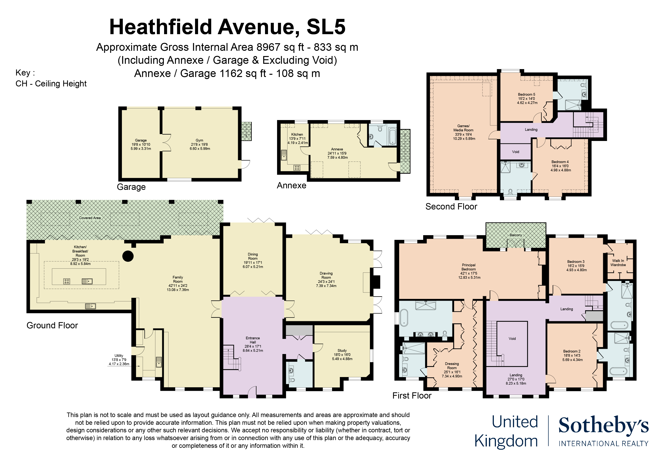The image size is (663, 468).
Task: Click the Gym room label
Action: tap(199, 140)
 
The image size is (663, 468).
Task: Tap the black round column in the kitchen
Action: tap(128, 256)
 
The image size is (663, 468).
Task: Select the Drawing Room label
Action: tap(326, 275)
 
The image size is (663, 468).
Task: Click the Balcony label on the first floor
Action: tap(516, 235)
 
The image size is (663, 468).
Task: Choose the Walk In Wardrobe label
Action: tap(618, 263)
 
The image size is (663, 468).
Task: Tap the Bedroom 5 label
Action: tap(526, 95)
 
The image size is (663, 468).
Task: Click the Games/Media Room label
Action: tap(463, 128)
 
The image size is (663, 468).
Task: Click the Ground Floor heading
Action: tap(52, 326)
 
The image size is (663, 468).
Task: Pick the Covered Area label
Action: tap(90, 218)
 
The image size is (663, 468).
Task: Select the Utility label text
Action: tap(119, 356)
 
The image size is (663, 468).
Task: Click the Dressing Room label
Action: tap(452, 366)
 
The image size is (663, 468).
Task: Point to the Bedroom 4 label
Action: tap(560, 162)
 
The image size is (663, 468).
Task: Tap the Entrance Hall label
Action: tap(253, 340)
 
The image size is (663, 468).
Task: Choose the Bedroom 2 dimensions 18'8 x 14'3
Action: tap(572, 356)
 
